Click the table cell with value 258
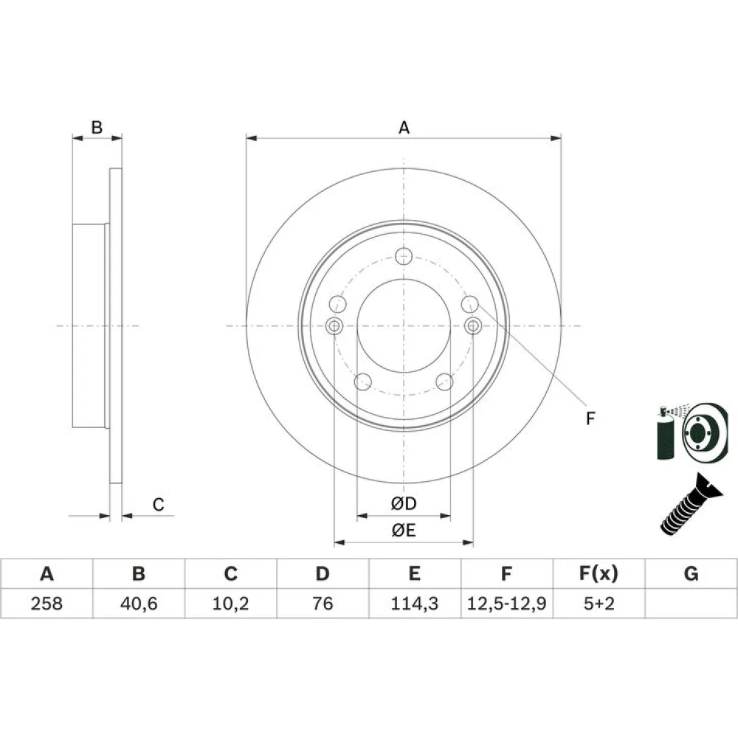pos(46,604)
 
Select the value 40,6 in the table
pos(139,604)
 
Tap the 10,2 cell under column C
pos(230,604)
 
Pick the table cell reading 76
pos(323,604)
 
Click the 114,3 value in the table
pos(415,604)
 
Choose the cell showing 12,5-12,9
pos(506,604)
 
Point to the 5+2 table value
pos(599,604)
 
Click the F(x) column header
pos(599,573)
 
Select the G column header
pos(691,573)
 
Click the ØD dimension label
pos(404,503)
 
